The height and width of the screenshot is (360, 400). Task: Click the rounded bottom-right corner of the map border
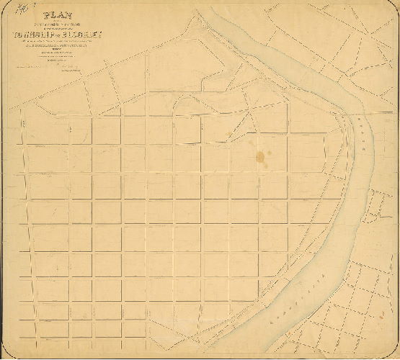click(x=395, y=355)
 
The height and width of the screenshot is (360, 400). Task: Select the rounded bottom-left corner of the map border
click(x=5, y=355)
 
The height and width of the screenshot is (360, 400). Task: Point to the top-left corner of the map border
click(x=5, y=5)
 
